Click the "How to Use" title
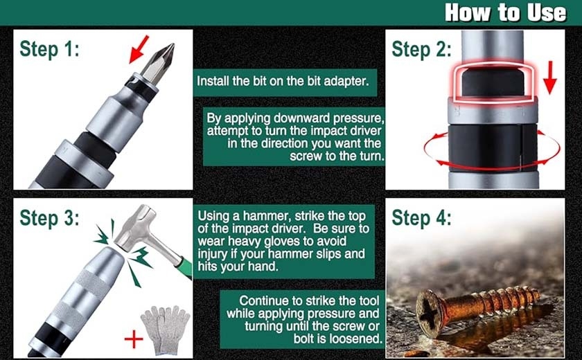(x=505, y=12)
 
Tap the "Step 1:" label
(x=49, y=49)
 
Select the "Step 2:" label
(x=421, y=49)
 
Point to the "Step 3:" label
(x=49, y=217)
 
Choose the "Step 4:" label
(x=421, y=217)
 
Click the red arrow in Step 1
(x=139, y=49)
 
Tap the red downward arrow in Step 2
(x=550, y=78)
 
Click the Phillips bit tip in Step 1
(x=159, y=63)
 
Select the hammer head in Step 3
(x=134, y=226)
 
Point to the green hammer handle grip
(x=186, y=267)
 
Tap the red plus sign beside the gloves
(x=134, y=339)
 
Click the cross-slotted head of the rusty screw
(x=430, y=314)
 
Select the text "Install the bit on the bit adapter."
(x=283, y=81)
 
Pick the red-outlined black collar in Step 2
(x=493, y=82)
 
